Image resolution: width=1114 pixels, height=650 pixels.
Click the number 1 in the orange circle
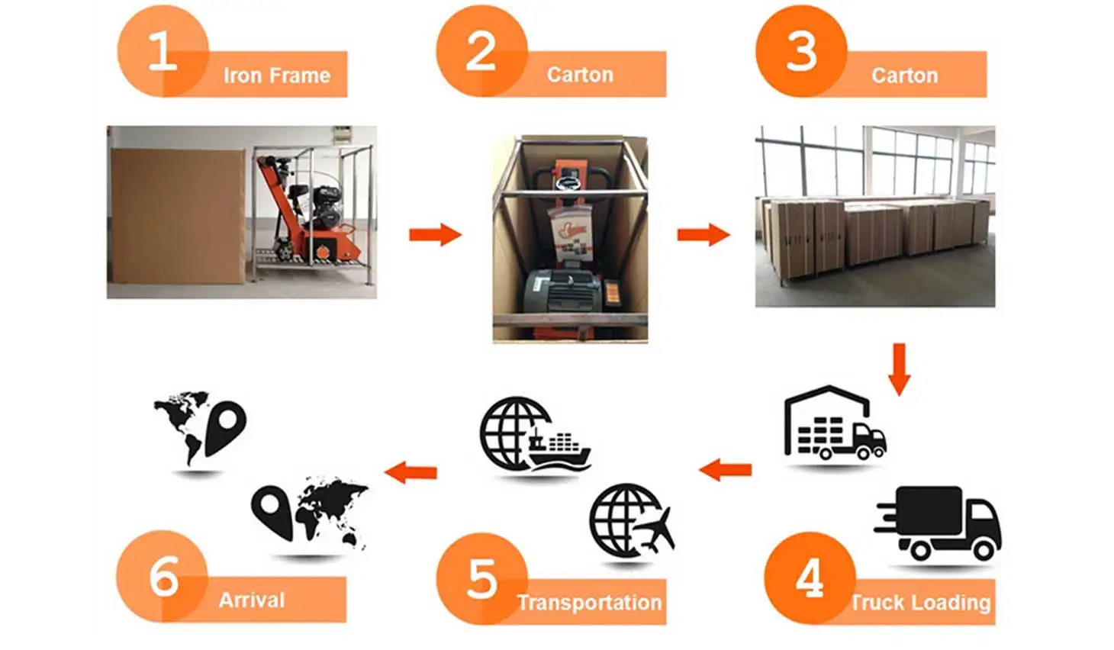(162, 52)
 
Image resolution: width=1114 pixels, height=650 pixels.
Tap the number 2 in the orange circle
(481, 52)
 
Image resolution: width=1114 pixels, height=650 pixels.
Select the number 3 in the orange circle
(801, 52)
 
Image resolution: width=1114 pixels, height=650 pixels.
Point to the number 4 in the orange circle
(810, 578)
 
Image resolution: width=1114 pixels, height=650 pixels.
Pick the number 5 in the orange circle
(481, 579)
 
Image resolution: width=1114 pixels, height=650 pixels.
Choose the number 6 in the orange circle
(163, 577)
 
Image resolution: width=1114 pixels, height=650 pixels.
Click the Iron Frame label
(276, 76)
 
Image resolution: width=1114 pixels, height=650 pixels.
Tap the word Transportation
(589, 603)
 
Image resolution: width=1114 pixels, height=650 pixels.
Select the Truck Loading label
(920, 603)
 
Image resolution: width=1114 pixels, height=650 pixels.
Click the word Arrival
(252, 600)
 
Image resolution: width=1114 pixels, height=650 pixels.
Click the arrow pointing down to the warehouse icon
(900, 368)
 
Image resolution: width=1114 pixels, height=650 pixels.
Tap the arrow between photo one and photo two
(435, 234)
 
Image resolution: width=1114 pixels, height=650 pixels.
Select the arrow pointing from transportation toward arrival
(411, 472)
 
